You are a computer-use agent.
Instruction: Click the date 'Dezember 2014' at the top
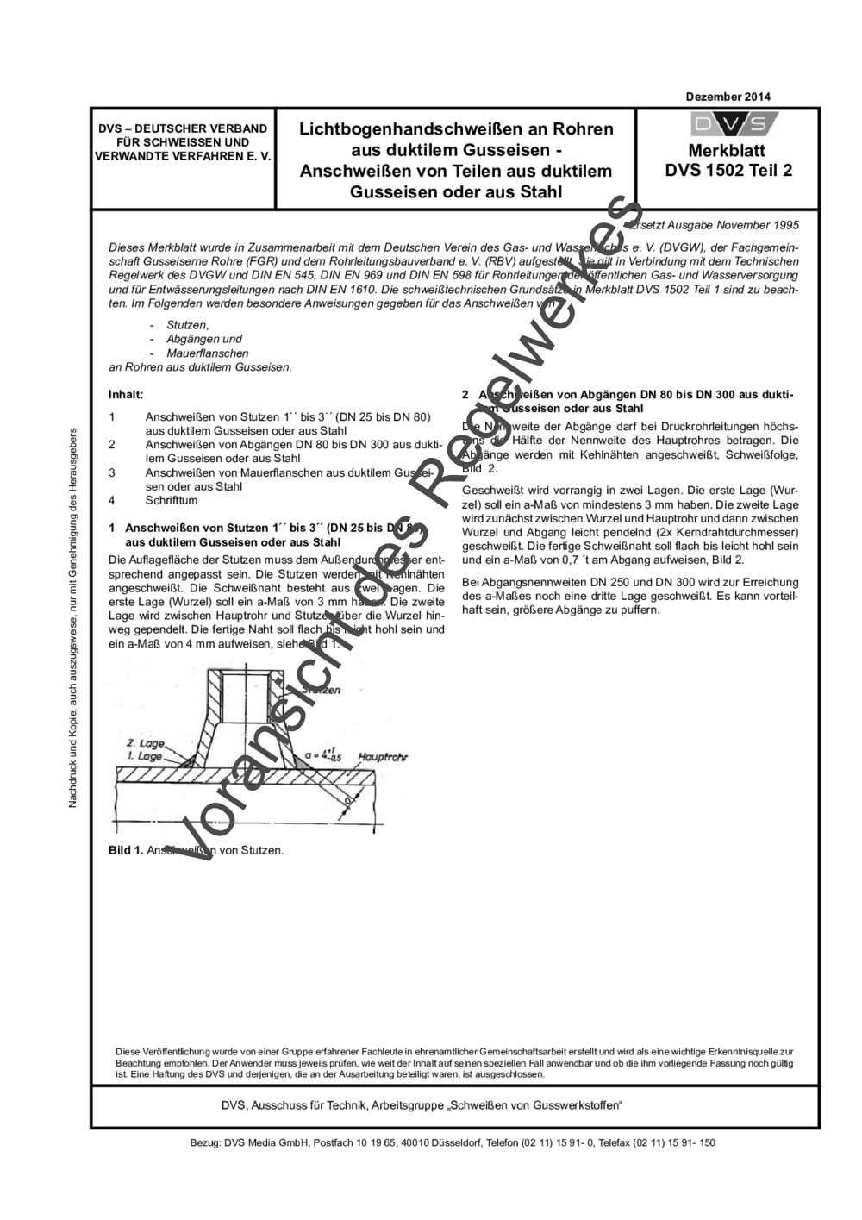click(728, 97)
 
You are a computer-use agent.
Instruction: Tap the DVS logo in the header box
click(728, 124)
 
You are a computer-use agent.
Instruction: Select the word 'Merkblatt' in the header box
click(728, 151)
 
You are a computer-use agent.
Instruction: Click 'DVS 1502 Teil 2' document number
click(728, 170)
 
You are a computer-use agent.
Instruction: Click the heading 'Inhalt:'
click(126, 394)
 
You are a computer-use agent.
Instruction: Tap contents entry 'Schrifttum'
click(172, 500)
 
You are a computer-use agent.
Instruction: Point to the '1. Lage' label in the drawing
click(145, 756)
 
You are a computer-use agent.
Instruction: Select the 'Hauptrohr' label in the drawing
click(382, 756)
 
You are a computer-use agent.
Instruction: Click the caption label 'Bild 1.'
click(126, 850)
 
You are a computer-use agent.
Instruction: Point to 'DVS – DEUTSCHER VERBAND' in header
click(183, 128)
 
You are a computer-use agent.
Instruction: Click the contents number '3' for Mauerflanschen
click(112, 472)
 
